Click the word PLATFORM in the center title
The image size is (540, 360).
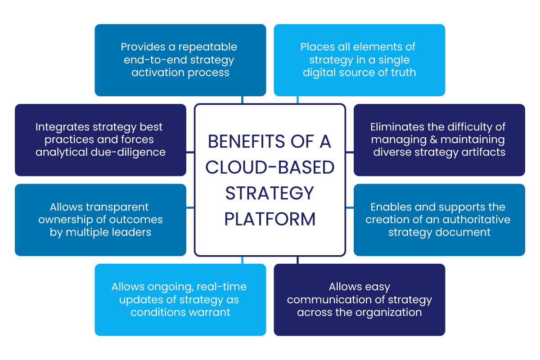(270, 219)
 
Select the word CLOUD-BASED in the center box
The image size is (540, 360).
(270, 167)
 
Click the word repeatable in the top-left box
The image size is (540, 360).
(208, 47)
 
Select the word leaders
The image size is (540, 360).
(133, 232)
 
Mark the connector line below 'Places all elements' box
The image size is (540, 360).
(297, 100)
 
